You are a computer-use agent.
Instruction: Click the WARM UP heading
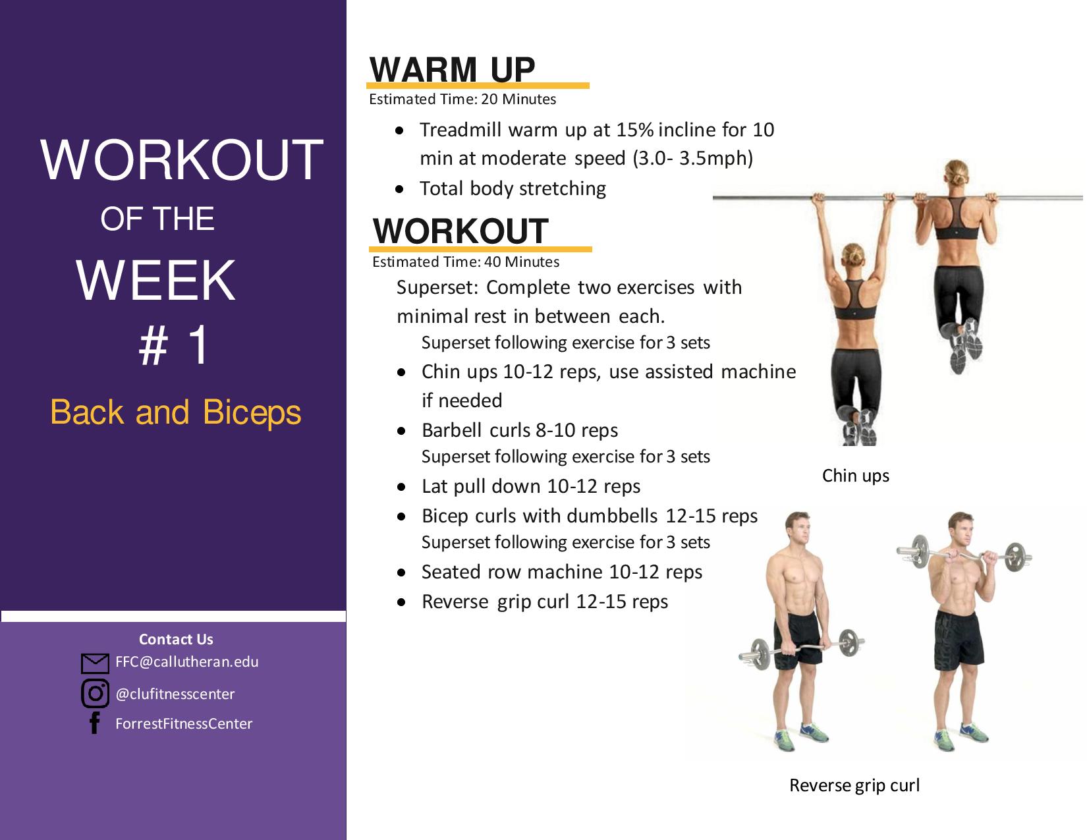452,70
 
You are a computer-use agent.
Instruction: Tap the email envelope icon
95,663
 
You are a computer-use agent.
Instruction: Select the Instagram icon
95,694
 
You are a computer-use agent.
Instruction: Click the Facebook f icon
95,723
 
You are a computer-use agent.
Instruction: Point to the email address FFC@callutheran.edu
187,662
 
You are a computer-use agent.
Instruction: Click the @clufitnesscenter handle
175,694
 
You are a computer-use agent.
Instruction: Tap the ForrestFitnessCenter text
184,723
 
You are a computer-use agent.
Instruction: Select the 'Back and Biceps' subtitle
176,412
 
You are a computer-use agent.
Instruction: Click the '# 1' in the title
173,345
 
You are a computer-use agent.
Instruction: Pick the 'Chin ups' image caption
855,476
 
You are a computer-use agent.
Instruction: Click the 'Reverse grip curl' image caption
854,785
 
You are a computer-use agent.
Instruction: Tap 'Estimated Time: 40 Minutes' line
466,262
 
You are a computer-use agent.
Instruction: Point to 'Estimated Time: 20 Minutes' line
462,99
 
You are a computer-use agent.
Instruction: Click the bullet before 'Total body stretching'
399,190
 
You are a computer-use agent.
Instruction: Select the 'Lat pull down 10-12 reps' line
531,486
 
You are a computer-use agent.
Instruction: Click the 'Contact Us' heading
176,639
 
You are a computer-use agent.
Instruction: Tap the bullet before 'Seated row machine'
401,573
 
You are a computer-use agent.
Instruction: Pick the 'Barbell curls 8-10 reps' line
520,430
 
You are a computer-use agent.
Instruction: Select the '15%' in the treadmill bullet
635,130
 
